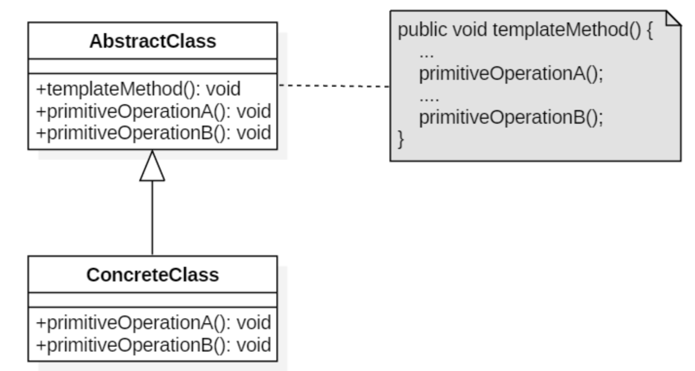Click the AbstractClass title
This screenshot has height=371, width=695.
153,41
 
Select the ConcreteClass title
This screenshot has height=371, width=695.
153,275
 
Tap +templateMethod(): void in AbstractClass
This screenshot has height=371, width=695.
138,89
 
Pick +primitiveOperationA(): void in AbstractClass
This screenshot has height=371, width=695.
154,111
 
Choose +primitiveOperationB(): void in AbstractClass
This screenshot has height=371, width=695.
154,133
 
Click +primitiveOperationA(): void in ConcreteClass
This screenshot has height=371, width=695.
154,323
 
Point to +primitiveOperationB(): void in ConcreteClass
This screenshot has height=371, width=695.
154,345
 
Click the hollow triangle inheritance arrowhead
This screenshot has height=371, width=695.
152,166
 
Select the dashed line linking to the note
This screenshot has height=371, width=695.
334,86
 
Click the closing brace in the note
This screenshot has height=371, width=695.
401,139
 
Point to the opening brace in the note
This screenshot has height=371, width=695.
649,30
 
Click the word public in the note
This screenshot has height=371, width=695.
422,30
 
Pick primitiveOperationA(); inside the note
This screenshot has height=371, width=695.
511,74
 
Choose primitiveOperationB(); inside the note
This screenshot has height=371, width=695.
511,118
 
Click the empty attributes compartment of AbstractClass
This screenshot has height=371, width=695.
153,66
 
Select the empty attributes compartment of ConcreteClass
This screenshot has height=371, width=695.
153,300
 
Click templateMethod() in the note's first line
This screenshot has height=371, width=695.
567,30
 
